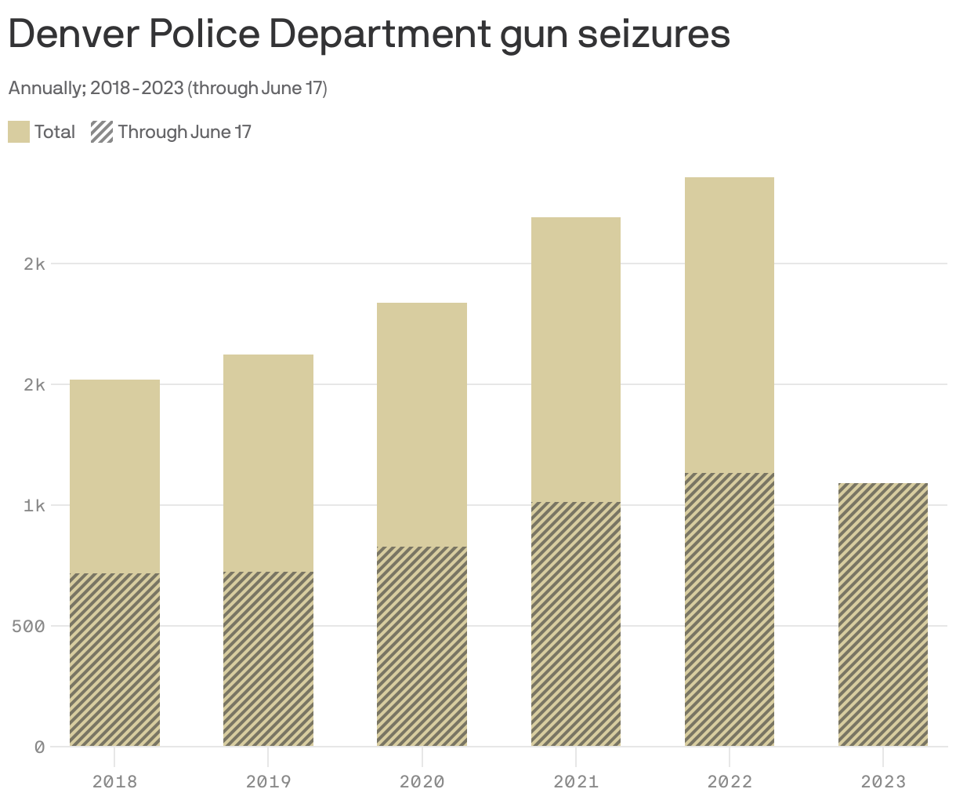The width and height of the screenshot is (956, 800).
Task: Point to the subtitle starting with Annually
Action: [167, 88]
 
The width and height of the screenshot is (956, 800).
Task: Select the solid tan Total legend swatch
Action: [19, 132]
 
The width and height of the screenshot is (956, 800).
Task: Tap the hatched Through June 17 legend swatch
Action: [102, 132]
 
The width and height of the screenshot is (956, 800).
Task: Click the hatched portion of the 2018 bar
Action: [114, 659]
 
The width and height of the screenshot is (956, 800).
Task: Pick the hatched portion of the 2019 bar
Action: [268, 658]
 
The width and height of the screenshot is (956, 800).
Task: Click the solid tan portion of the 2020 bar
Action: [422, 424]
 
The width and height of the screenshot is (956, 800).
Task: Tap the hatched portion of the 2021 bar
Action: [575, 624]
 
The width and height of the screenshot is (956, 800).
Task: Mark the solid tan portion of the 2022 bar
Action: [729, 325]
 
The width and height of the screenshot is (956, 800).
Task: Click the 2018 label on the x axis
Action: [114, 781]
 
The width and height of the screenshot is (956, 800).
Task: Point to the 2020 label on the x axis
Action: [422, 781]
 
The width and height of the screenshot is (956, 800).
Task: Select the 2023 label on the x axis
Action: [882, 781]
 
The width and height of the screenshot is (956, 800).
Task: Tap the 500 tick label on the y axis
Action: [28, 626]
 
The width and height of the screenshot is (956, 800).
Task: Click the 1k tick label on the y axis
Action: [34, 505]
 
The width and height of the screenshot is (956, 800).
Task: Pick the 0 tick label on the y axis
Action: [39, 747]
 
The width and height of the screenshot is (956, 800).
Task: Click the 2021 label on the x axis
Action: [575, 781]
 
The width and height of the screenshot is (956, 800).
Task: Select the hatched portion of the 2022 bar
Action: [729, 609]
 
